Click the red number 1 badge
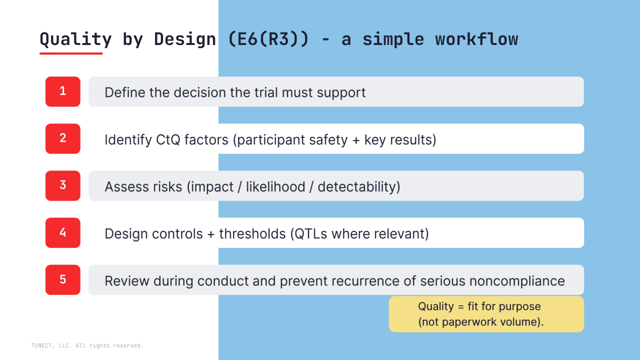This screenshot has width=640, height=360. [x=63, y=91]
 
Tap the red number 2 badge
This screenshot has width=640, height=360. [x=63, y=138]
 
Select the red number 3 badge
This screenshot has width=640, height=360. [x=63, y=185]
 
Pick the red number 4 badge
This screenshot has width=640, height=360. [x=63, y=232]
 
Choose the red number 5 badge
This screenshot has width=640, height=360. [x=63, y=279]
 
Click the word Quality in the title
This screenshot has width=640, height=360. [x=75, y=39]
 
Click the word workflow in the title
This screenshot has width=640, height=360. [x=476, y=39]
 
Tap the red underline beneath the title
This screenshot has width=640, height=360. [x=71, y=53]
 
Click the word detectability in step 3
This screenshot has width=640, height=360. [x=359, y=187]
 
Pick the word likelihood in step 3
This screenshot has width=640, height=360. [x=275, y=187]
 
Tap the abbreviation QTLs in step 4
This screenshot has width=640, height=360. [x=310, y=233]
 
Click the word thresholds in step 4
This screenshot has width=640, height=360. [x=252, y=233]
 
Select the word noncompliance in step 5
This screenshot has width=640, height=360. [x=517, y=281]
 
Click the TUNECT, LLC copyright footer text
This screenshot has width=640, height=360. [x=87, y=345]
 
